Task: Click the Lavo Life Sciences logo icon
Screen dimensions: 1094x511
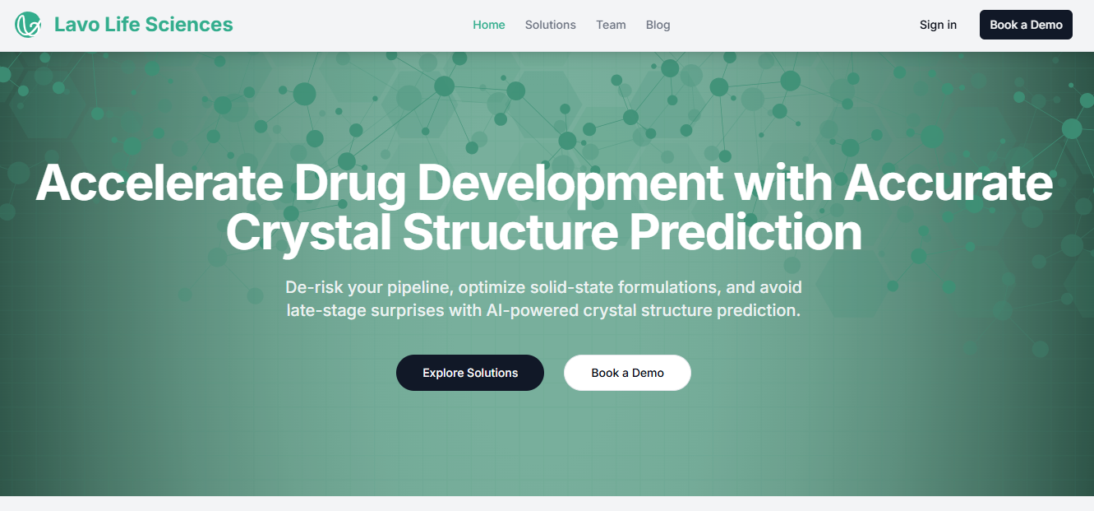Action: click(x=28, y=25)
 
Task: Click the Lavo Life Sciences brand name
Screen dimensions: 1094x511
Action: click(x=143, y=25)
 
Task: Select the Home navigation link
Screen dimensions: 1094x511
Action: click(x=488, y=25)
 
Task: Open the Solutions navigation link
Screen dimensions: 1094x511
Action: click(x=551, y=25)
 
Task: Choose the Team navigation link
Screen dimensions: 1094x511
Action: click(x=611, y=25)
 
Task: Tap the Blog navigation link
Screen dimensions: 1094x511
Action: click(x=658, y=25)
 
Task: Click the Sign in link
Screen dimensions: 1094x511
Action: click(x=938, y=25)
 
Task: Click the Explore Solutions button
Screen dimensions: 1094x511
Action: click(x=470, y=373)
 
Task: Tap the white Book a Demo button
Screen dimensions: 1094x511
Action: click(x=627, y=373)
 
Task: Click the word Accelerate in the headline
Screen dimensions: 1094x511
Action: click(x=159, y=183)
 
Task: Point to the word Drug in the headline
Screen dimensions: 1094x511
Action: click(x=349, y=186)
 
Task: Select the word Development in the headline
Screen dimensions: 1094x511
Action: click(x=570, y=186)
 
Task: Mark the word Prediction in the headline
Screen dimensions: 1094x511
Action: click(x=745, y=232)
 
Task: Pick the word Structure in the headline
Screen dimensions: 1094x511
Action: click(x=510, y=232)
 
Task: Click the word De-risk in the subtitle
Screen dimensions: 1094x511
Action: click(x=314, y=287)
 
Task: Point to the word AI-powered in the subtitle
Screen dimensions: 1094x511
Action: click(x=533, y=311)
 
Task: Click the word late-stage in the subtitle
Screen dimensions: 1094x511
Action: click(x=326, y=311)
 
